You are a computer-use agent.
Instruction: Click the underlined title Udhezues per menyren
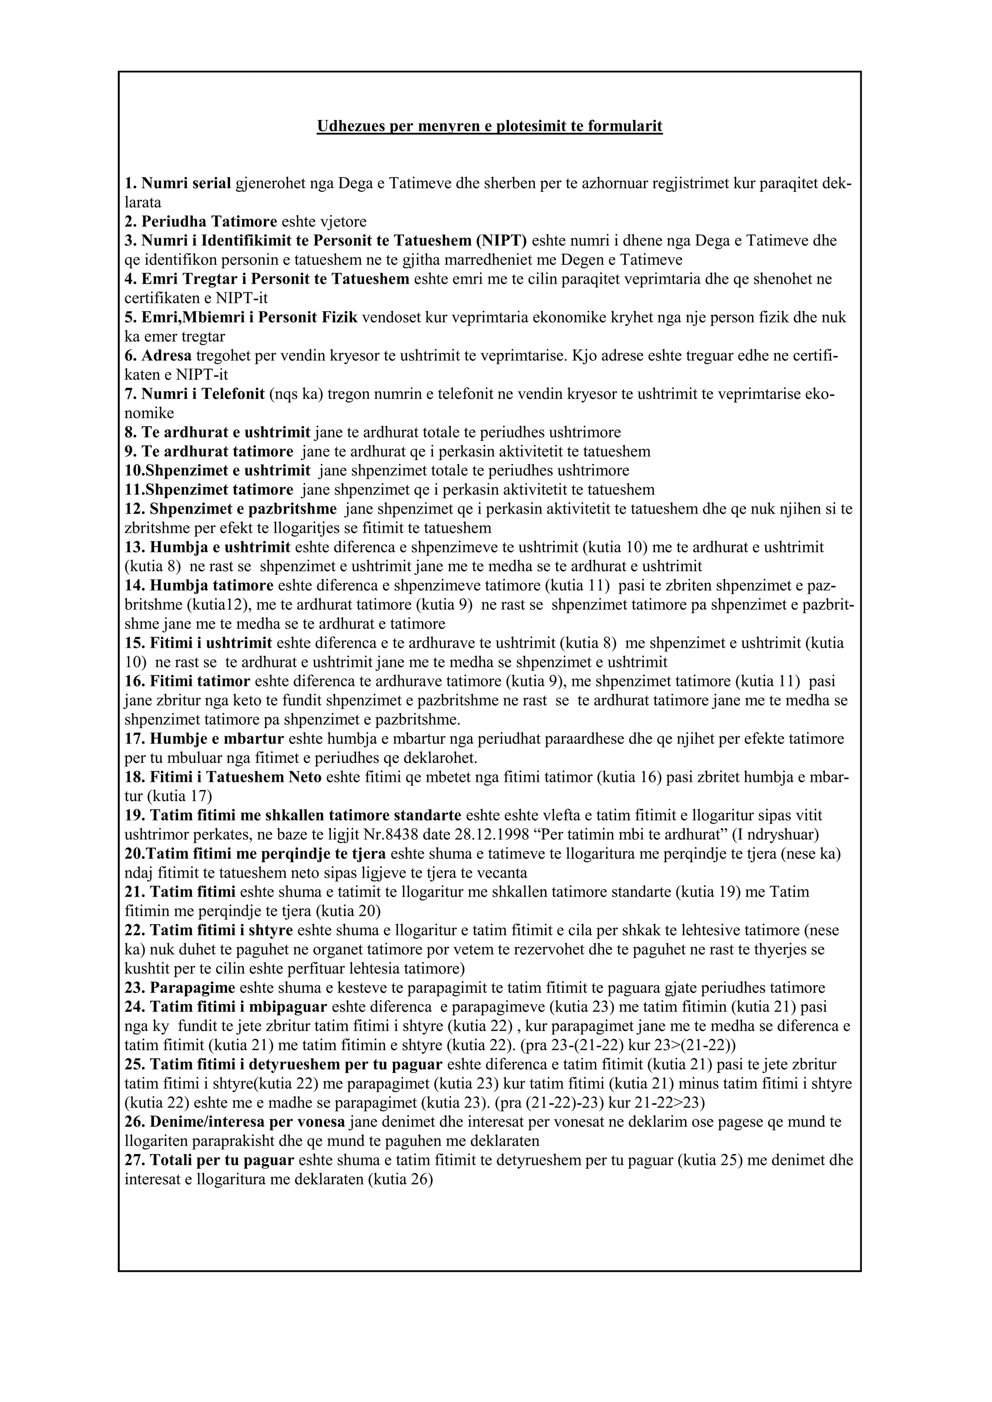[489, 126]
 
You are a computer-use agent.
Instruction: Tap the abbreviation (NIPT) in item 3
[501, 241]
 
